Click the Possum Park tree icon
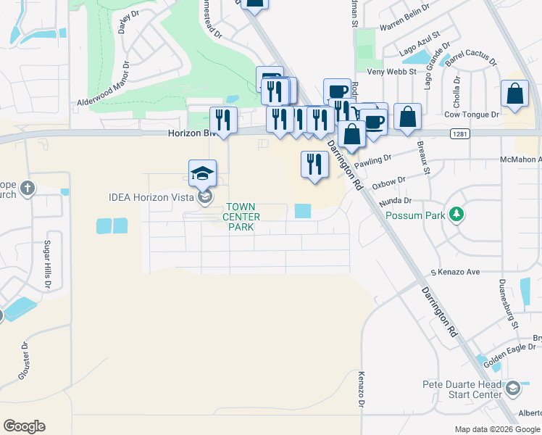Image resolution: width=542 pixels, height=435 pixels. [x=456, y=214]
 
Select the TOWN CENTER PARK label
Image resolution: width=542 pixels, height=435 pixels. [x=240, y=217]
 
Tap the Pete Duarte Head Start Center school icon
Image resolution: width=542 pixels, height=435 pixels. [x=513, y=389]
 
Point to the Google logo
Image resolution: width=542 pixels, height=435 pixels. [x=24, y=426]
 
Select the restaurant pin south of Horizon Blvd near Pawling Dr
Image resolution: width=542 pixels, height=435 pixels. [x=314, y=164]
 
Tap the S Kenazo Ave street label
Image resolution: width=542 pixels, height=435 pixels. [x=455, y=272]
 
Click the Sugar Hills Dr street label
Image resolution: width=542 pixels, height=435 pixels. [x=49, y=263]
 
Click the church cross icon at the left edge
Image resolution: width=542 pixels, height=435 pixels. [x=28, y=189]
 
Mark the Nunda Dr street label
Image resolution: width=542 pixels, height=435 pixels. [x=395, y=199]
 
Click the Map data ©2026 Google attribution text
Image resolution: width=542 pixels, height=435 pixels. [x=496, y=428]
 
